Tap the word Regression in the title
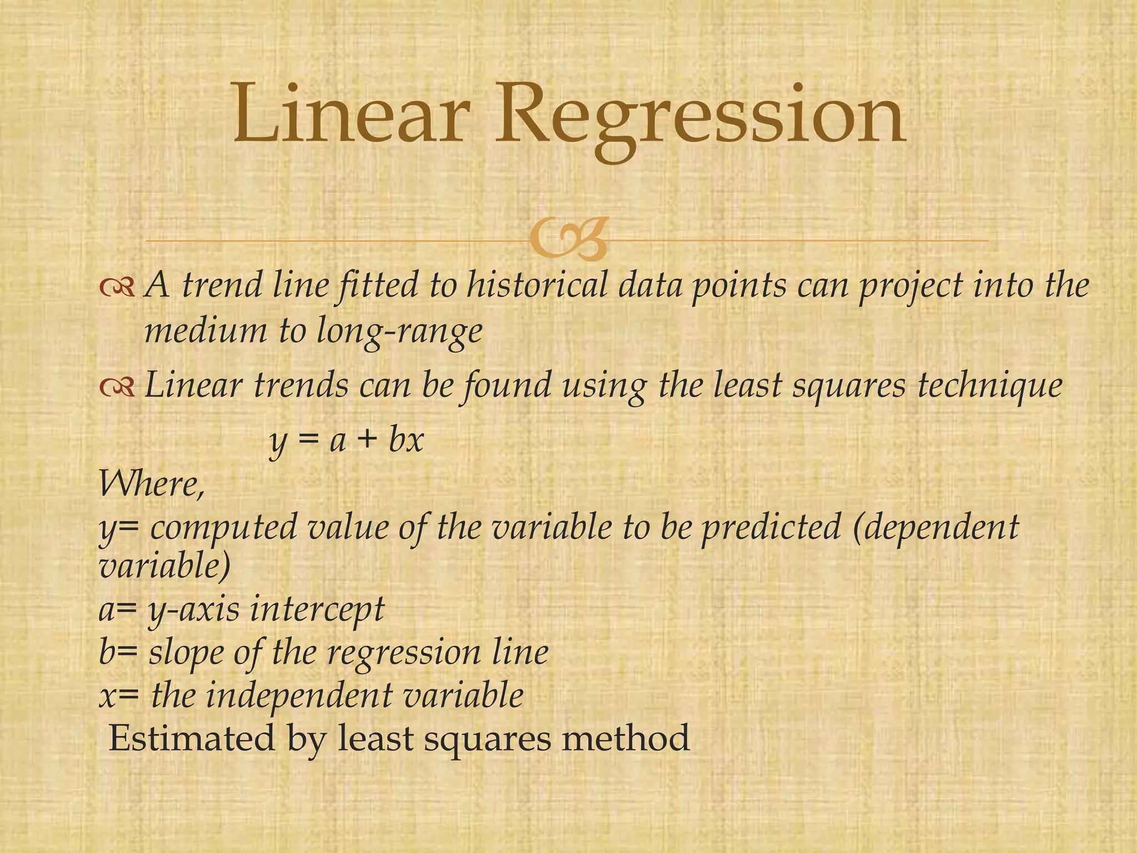[700, 119]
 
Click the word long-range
[399, 332]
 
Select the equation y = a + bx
[346, 441]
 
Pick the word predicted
[771, 528]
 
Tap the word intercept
[316, 609]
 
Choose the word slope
[186, 653]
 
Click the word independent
[299, 696]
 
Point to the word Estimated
[192, 739]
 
